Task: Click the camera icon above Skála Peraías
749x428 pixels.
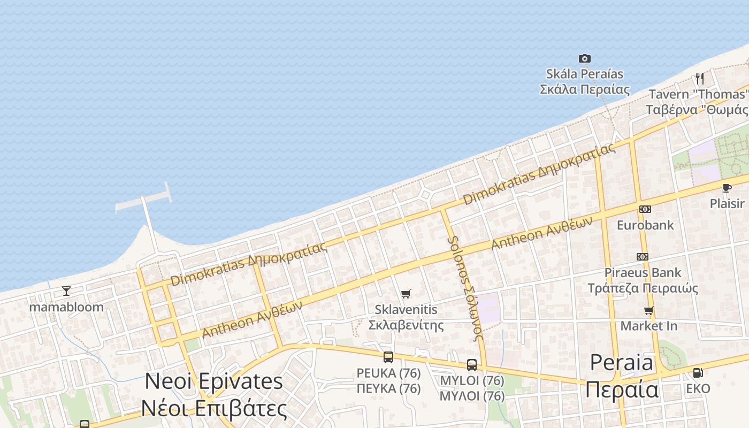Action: pyautogui.click(x=585, y=58)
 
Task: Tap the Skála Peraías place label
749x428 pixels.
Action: pyautogui.click(x=584, y=81)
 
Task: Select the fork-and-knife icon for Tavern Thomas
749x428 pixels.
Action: pyautogui.click(x=699, y=79)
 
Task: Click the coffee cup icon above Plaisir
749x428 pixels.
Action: pyautogui.click(x=727, y=188)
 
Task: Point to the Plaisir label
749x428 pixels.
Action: pyautogui.click(x=727, y=203)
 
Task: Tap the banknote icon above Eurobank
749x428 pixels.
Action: pyautogui.click(x=645, y=209)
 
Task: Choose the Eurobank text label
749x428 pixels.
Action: pyautogui.click(x=645, y=225)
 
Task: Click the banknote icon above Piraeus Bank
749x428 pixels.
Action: pyautogui.click(x=643, y=257)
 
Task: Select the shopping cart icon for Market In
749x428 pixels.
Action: pyautogui.click(x=649, y=310)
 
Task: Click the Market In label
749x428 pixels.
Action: pyautogui.click(x=648, y=326)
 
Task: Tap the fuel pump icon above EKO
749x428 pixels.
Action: pyautogui.click(x=698, y=372)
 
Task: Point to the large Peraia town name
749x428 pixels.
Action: pyautogui.click(x=622, y=377)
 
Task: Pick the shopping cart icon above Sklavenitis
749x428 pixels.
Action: pyautogui.click(x=406, y=294)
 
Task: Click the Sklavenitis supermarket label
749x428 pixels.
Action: pyautogui.click(x=406, y=317)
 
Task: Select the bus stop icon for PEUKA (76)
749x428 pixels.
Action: pyautogui.click(x=388, y=357)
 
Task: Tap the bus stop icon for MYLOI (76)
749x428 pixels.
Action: pyautogui.click(x=472, y=365)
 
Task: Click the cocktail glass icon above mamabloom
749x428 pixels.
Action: pyautogui.click(x=66, y=291)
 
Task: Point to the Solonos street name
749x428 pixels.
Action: pyautogui.click(x=465, y=287)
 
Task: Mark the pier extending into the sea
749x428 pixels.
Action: pyautogui.click(x=147, y=214)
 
